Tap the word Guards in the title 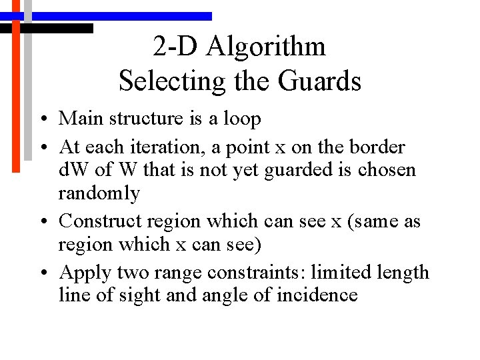321,81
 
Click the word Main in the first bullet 79,119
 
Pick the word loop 242,119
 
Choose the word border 379,147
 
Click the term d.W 73,170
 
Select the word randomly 99,194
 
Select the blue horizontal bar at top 120,16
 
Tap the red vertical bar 17,93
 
